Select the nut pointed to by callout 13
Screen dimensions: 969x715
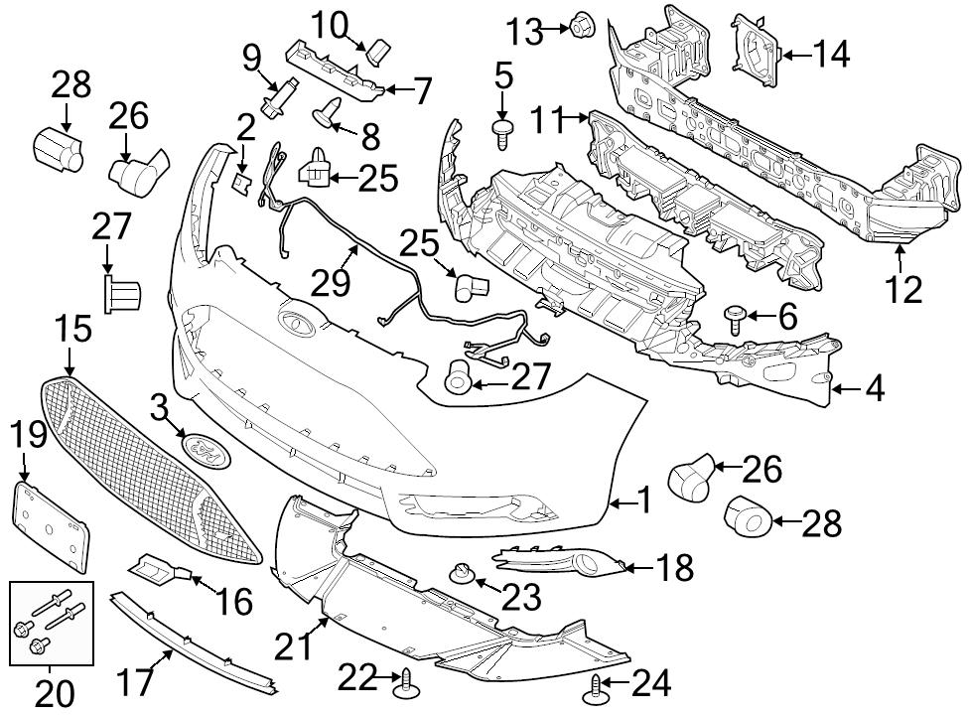click(580, 24)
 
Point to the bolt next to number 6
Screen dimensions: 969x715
click(734, 318)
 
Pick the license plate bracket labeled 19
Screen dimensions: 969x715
click(51, 527)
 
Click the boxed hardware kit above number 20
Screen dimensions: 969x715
click(52, 623)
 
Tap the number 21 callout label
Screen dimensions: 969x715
click(294, 645)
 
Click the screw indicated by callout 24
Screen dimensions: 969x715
click(593, 689)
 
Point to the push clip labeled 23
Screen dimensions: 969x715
click(461, 574)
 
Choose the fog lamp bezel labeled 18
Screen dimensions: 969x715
click(561, 560)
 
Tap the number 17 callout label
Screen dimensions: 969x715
click(134, 681)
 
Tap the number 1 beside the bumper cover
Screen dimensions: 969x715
click(644, 500)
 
